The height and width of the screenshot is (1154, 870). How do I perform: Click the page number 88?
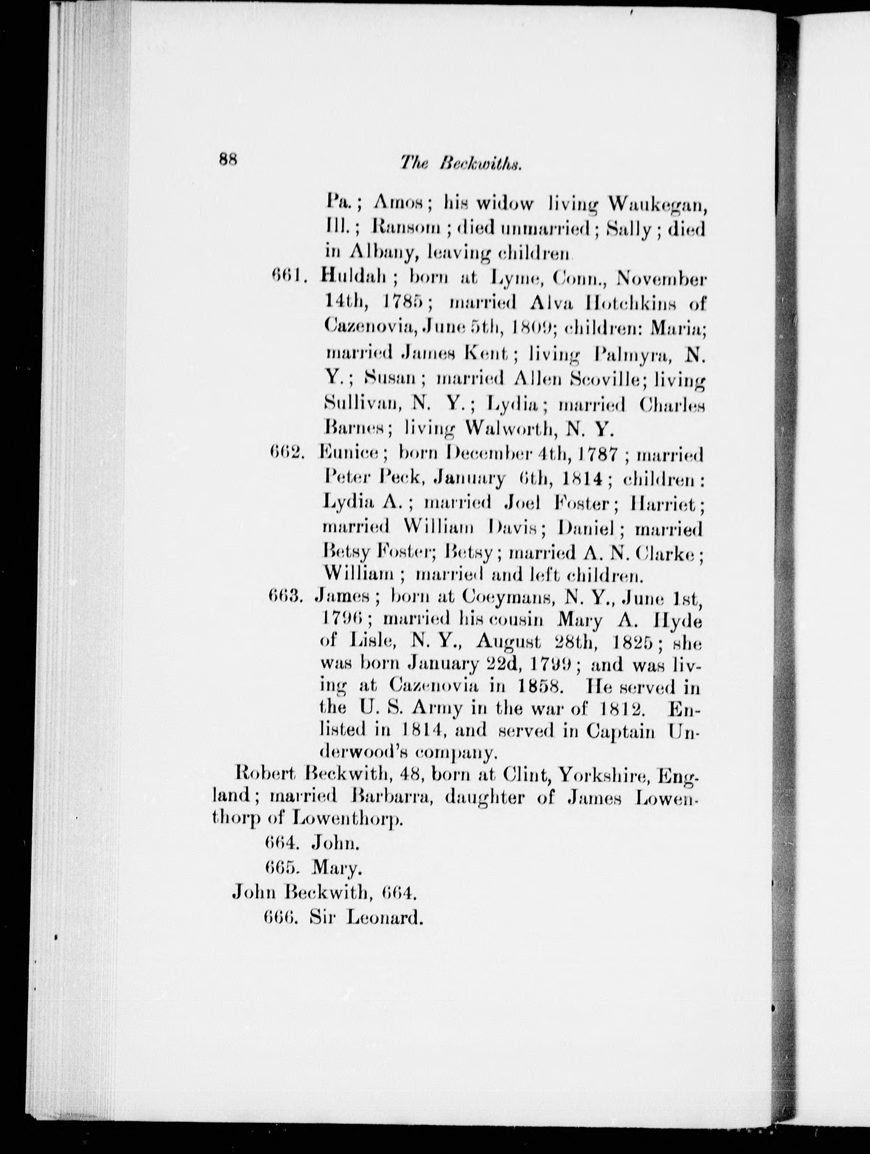(x=228, y=159)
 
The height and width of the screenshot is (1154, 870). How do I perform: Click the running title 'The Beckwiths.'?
(x=461, y=164)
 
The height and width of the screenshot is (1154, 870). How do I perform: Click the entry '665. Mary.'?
(x=313, y=867)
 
